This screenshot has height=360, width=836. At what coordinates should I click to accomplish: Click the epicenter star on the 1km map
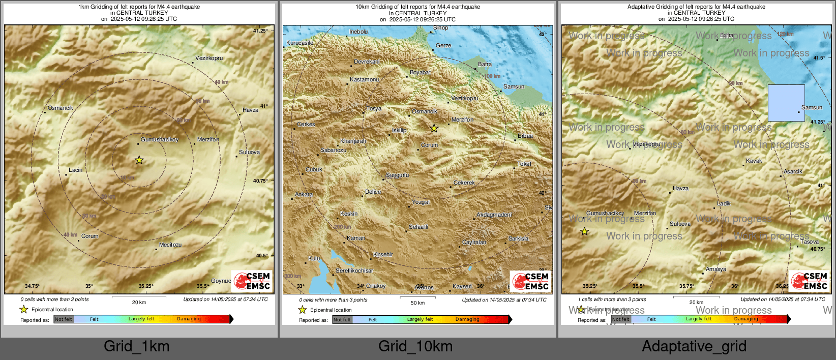(139, 160)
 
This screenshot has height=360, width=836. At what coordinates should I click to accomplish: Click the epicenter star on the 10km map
(434, 129)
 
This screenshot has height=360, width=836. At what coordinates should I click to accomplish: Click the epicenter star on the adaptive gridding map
(585, 232)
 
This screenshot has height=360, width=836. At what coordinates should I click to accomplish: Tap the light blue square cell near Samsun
(786, 103)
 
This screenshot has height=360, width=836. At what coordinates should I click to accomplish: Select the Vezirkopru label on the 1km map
(209, 58)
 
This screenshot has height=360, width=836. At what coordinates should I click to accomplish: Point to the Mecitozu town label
(170, 245)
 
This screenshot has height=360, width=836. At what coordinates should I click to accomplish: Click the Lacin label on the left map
(76, 170)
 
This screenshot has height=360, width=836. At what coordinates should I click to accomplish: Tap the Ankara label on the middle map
(304, 194)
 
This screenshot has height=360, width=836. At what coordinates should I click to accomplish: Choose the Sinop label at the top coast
(441, 27)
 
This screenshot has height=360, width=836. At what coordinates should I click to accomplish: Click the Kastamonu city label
(365, 80)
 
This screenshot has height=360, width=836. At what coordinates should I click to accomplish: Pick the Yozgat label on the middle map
(421, 202)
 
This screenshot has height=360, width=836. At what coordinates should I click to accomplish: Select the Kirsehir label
(383, 254)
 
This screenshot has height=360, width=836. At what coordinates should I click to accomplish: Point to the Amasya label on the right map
(716, 269)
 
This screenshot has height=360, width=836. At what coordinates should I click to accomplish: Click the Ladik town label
(724, 203)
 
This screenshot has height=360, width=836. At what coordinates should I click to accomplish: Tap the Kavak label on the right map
(754, 161)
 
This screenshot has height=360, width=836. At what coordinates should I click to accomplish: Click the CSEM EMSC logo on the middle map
(530, 281)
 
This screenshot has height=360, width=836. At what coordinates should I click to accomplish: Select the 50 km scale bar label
(417, 303)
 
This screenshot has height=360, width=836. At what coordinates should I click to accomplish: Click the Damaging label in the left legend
(189, 319)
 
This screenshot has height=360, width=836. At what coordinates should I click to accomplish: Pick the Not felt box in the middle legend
(342, 319)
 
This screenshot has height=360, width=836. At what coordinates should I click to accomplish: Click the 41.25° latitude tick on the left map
(260, 31)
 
